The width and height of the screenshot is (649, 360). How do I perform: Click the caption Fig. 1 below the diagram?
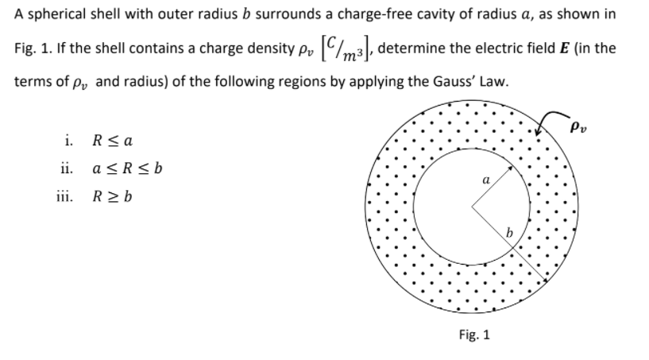(x=474, y=335)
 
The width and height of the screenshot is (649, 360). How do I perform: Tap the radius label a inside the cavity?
(x=484, y=180)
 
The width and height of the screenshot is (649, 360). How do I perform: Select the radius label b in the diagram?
(x=512, y=232)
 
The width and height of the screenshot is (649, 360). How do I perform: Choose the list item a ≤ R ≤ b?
(x=118, y=169)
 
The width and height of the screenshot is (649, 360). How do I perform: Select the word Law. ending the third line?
(x=457, y=81)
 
